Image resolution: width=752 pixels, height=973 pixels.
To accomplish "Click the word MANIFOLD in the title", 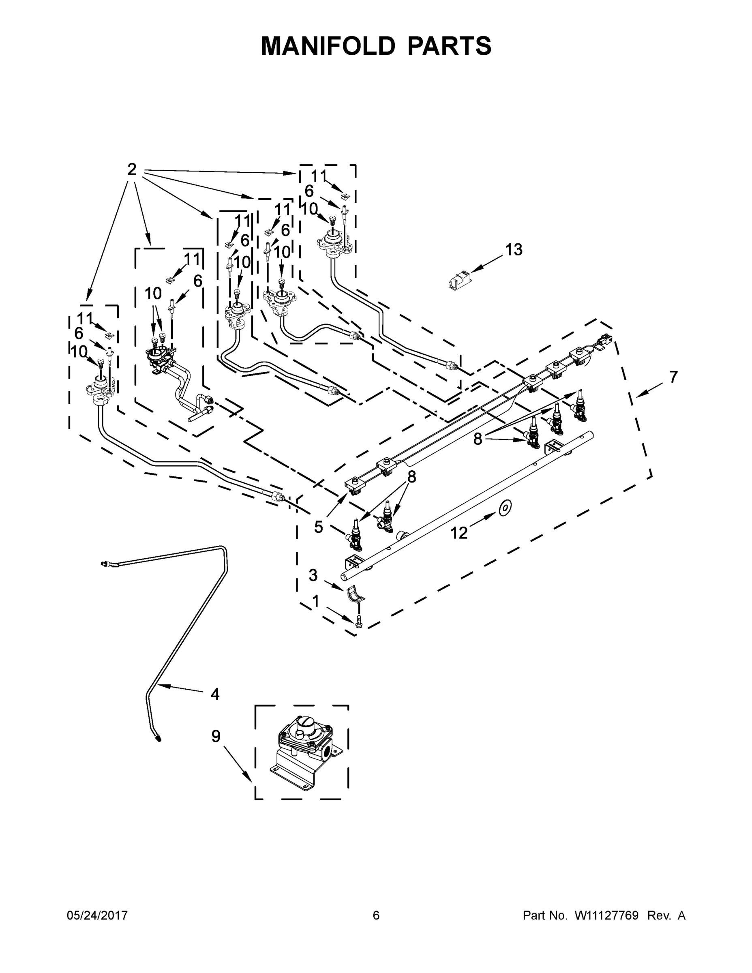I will tap(328, 46).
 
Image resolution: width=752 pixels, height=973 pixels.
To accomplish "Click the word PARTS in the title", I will tap(449, 46).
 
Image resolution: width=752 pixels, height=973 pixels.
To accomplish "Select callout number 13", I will tap(514, 250).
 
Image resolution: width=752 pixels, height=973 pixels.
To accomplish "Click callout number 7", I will tap(673, 377).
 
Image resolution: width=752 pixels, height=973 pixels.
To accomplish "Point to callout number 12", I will tap(459, 532).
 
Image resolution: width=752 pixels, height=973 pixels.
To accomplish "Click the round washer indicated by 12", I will tap(505, 508).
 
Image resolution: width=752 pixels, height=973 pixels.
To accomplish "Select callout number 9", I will tap(216, 736).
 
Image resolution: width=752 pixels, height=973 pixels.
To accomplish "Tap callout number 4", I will tap(215, 694).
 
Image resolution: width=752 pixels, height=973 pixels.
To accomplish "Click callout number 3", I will tap(313, 575).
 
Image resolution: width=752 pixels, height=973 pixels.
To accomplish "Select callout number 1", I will tap(316, 602).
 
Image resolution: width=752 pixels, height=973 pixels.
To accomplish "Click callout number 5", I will tap(318, 527).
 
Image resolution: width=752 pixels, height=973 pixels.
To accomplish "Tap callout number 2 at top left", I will tap(132, 169).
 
